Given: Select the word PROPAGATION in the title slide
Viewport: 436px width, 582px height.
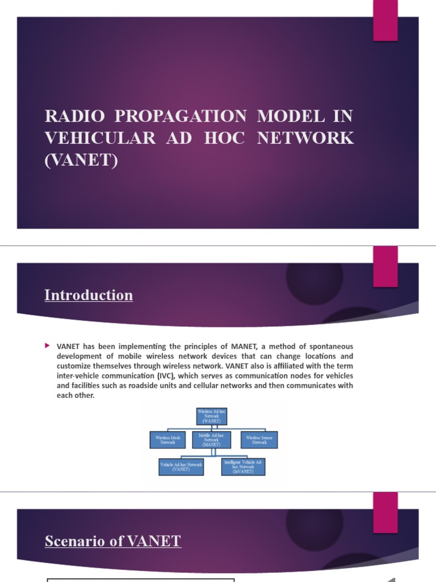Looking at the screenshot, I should pos(181,117).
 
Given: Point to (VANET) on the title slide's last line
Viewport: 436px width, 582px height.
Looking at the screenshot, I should pos(81,160).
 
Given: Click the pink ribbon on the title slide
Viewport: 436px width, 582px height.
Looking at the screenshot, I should pos(385,20).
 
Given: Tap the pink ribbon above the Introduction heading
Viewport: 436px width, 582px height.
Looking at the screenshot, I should pos(385,266).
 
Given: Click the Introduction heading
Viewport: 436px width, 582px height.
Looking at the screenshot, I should pos(89,295).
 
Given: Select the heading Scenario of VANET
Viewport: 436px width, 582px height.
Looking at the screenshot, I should pos(113,541).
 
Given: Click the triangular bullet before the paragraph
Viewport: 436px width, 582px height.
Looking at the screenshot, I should pos(48,346).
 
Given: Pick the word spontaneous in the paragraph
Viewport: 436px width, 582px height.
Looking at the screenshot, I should pos(329,346).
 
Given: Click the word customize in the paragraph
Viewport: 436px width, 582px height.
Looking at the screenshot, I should pos(75,366).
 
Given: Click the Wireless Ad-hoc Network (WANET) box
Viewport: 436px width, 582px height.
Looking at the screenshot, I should pos(211,416).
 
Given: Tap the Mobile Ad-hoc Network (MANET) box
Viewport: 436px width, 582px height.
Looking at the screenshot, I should pos(211,440).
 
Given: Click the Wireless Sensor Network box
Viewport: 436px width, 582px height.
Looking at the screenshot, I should pos(259,440).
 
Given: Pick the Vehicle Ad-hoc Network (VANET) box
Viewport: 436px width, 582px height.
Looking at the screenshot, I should pos(181,467).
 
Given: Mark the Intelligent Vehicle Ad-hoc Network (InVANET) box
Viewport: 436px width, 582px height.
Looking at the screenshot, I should pos(244,467).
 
